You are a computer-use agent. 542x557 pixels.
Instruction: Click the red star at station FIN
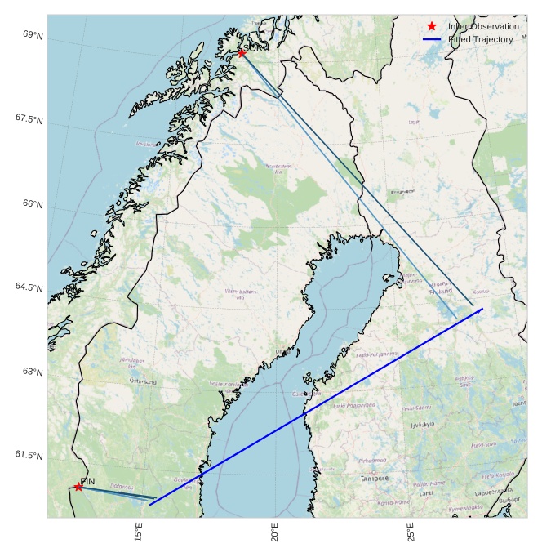78,487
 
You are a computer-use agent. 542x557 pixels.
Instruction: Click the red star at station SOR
242,53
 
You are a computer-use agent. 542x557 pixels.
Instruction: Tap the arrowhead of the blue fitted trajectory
481,310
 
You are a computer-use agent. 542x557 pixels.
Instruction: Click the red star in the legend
432,26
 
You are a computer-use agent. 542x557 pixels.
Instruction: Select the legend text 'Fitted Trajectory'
481,39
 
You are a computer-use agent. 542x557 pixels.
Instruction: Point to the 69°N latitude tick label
33,35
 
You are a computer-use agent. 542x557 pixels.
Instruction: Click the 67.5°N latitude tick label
29,119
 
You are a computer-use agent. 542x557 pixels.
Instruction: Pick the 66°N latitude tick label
33,204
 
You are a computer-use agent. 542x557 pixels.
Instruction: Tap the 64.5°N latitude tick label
29,287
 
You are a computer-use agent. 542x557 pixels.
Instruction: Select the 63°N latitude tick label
33,372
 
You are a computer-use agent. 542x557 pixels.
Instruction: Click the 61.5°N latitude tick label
29,456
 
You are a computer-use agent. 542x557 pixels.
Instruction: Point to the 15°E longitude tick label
140,532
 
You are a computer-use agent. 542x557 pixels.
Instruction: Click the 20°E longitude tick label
276,532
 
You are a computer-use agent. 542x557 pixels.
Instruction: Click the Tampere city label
375,478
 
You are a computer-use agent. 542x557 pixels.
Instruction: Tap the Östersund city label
142,381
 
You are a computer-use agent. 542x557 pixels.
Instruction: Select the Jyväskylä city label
422,425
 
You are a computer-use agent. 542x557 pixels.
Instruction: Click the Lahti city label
426,493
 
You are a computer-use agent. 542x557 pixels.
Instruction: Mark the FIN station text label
88,481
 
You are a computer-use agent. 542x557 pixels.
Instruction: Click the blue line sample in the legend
432,39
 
